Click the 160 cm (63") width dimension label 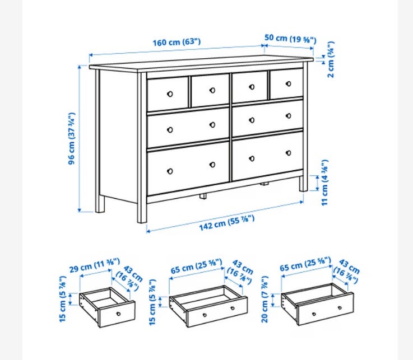(x=177, y=42)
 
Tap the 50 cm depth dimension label (x=290, y=39)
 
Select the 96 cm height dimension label (x=72, y=139)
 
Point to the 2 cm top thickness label (x=331, y=59)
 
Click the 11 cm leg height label (x=325, y=183)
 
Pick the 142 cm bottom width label (x=227, y=223)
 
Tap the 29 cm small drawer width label (x=95, y=265)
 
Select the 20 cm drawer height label (x=264, y=299)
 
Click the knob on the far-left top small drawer (x=170, y=94)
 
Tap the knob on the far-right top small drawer (x=289, y=83)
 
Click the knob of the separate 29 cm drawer (x=119, y=314)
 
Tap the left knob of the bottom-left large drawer (x=170, y=171)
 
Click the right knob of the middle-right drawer (x=289, y=116)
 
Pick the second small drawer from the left (x=210, y=90)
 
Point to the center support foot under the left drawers (x=203, y=196)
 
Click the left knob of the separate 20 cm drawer (x=314, y=314)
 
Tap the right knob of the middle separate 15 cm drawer (x=233, y=308)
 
